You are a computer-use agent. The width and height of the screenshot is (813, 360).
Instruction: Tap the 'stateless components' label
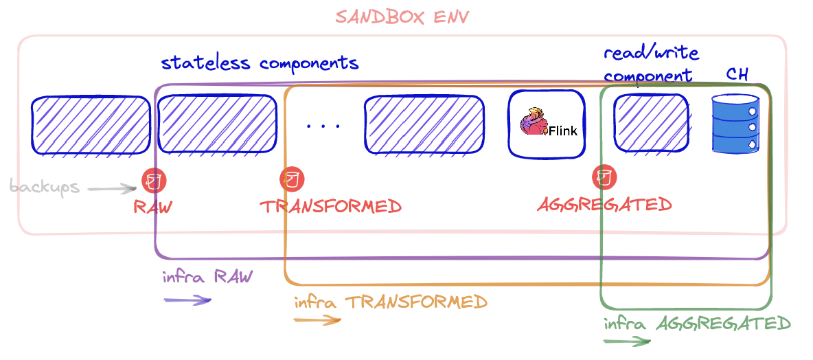[260, 63]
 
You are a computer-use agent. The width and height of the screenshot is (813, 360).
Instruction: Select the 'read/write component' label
[651, 65]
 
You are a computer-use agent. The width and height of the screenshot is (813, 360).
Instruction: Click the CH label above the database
[737, 75]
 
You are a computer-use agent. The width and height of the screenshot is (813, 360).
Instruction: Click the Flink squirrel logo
[534, 124]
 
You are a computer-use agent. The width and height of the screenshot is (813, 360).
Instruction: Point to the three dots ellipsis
[323, 126]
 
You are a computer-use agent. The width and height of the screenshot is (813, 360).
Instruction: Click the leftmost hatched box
[91, 125]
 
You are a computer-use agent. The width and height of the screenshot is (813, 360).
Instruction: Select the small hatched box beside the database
[650, 122]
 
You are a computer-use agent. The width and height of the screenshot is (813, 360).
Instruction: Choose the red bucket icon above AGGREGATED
[605, 177]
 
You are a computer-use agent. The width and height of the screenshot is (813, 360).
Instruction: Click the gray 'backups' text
[45, 187]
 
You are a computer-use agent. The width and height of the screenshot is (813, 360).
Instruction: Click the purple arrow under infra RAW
[187, 300]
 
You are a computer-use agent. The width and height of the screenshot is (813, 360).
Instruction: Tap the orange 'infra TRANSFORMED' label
[390, 302]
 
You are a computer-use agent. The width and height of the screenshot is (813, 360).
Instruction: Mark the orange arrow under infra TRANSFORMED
[317, 319]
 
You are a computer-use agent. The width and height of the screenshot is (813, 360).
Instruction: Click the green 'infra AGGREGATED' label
[697, 323]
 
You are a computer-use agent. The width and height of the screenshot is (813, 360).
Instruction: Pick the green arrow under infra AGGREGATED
[626, 341]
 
